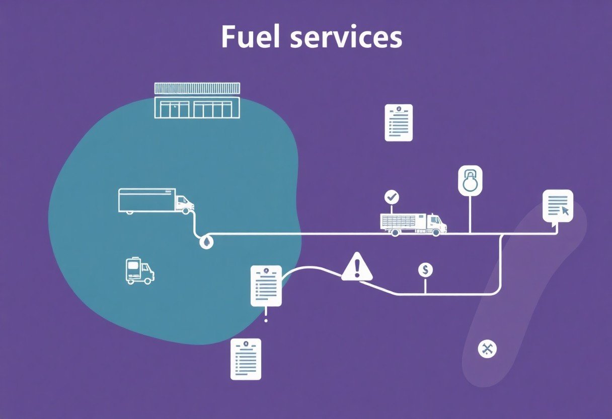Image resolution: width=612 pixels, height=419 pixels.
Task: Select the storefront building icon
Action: (x=197, y=101)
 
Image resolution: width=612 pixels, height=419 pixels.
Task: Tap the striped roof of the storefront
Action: (x=197, y=89)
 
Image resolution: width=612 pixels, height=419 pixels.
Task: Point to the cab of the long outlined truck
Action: (x=185, y=203)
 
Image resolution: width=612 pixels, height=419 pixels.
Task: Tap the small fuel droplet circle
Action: (x=206, y=242)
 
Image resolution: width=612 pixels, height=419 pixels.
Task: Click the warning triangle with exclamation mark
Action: (x=357, y=267)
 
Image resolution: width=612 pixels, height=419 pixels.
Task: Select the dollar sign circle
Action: (x=425, y=270)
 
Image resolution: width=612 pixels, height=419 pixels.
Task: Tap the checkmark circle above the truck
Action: (x=391, y=197)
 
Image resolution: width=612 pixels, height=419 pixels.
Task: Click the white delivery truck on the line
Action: (x=413, y=224)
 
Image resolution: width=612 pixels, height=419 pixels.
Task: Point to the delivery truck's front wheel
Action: (x=436, y=232)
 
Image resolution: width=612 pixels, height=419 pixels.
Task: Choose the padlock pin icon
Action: (x=470, y=180)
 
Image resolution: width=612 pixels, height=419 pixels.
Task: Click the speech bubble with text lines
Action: (x=558, y=205)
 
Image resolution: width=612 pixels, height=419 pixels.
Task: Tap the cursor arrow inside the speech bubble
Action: (x=565, y=210)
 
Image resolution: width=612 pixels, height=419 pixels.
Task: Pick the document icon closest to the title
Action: (x=399, y=122)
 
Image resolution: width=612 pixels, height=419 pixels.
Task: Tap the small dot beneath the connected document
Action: (x=266, y=320)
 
